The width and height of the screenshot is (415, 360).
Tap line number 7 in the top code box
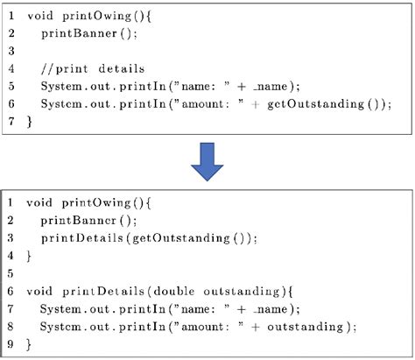11,122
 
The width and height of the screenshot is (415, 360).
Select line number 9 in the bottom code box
11,345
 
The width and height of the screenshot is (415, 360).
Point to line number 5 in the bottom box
11,273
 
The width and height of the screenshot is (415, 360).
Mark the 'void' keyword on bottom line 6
39,292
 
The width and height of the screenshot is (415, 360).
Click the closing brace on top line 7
28,122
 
